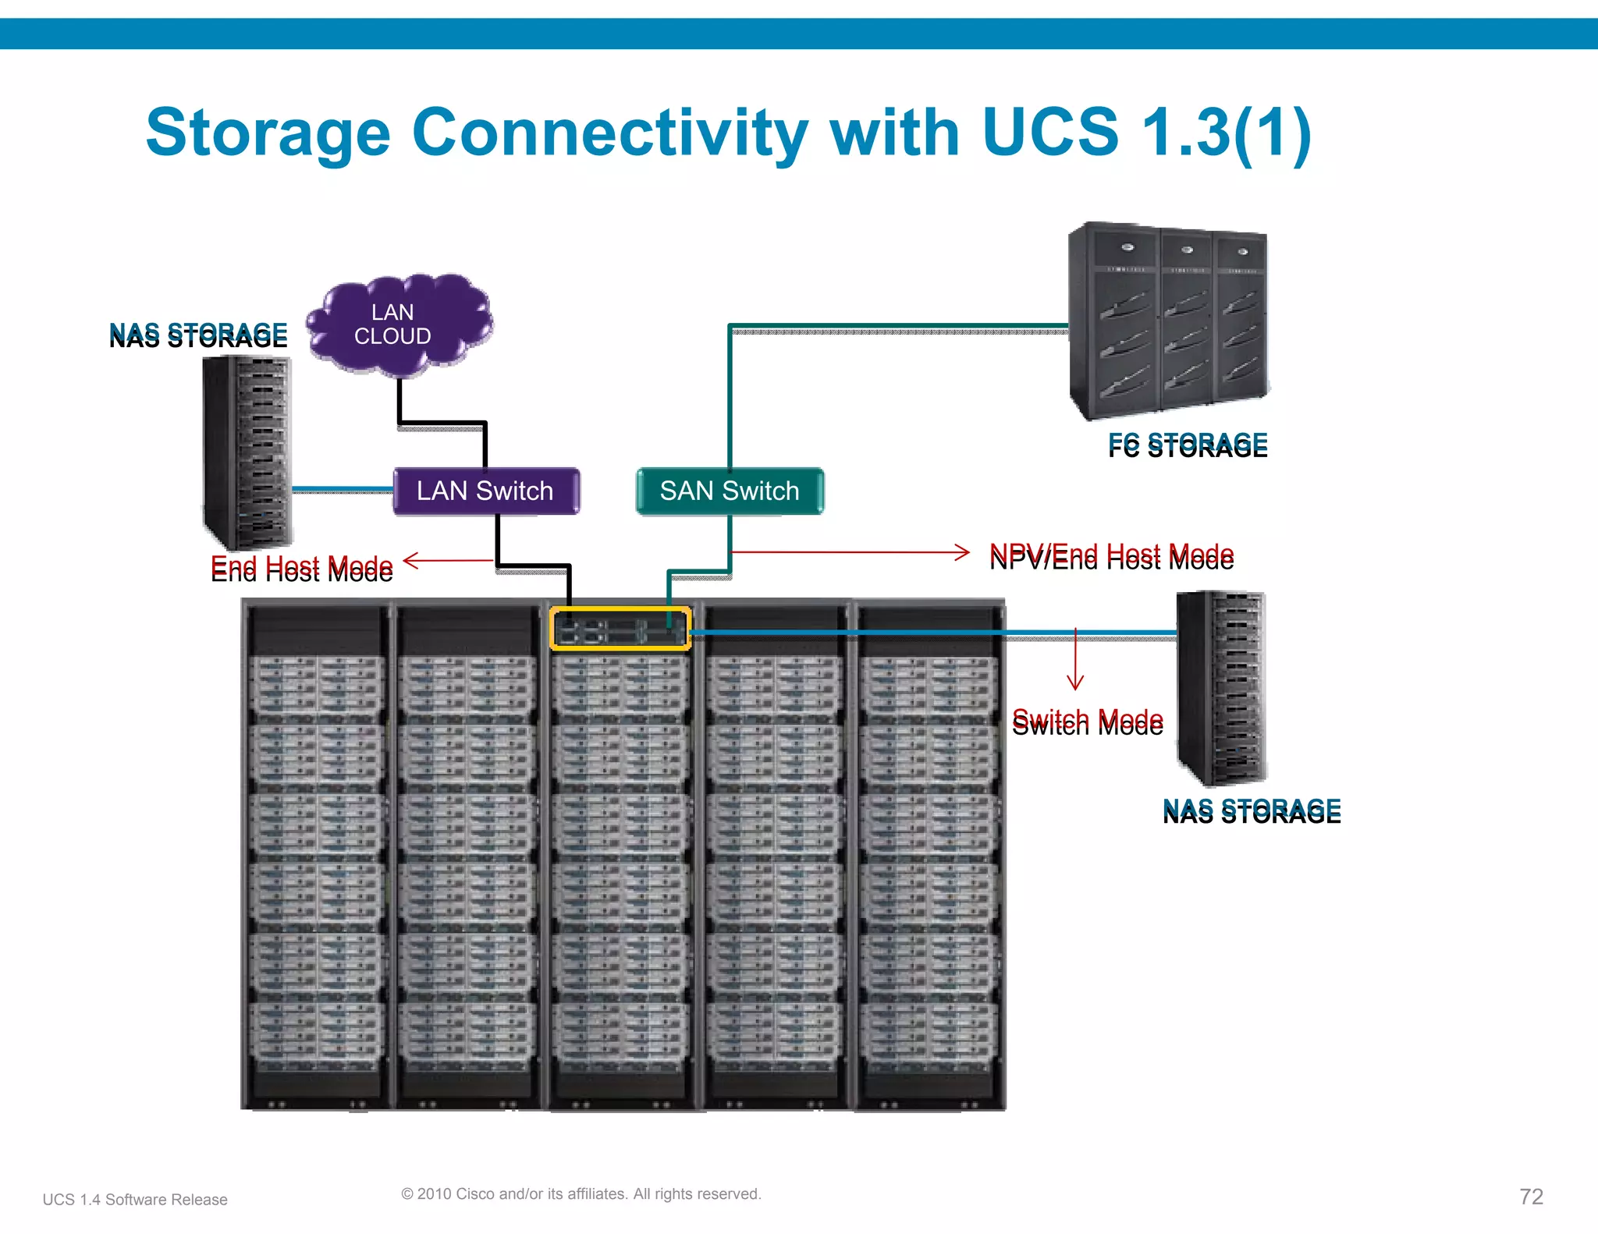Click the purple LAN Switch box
coord(485,491)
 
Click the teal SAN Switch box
coord(730,491)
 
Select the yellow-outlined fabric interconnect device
coord(620,629)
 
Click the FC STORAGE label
coord(1188,445)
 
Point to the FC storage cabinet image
coord(1168,320)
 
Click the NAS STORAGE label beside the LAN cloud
coord(198,335)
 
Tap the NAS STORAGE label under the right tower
coord(1252,810)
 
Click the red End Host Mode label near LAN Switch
coord(302,568)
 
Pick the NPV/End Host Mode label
coord(1111,557)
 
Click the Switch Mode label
coord(1087,722)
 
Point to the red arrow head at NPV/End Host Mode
coord(964,552)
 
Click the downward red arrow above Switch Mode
coord(1075,663)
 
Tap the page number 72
coord(1531,1197)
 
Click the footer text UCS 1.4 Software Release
coord(135,1200)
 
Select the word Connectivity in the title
coord(609,133)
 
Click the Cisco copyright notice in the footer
coord(581,1193)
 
